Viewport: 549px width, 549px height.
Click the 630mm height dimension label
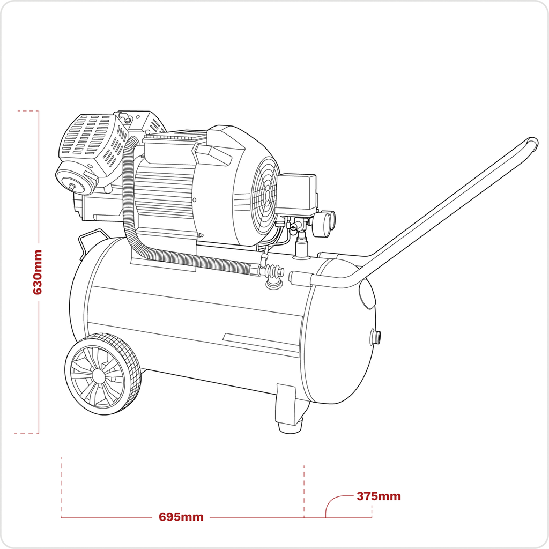(38, 272)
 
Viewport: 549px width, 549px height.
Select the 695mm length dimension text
(181, 517)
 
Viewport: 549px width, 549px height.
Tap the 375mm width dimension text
(379, 496)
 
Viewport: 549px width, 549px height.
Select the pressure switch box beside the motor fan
(296, 194)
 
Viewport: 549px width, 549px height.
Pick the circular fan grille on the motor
(264, 196)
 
